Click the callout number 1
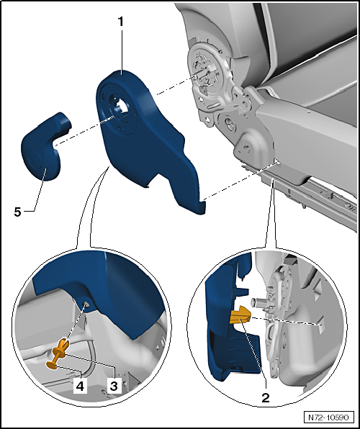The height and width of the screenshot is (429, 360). coord(121,22)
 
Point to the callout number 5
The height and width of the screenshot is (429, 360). coord(18,212)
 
